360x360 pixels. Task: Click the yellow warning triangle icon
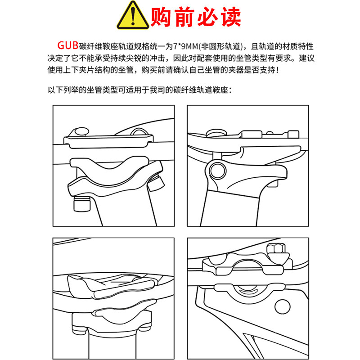(133, 16)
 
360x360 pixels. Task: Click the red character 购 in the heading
(161, 17)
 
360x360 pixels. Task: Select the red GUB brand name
(68, 45)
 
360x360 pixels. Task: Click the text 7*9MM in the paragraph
(185, 46)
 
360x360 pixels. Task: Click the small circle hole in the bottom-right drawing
(283, 306)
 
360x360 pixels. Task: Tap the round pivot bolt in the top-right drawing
(218, 171)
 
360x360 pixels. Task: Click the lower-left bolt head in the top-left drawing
(82, 204)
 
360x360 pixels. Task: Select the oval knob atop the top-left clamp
(82, 131)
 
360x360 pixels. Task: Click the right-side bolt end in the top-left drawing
(156, 183)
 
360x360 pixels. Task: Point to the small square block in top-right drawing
(293, 134)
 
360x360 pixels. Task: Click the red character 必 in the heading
(207, 17)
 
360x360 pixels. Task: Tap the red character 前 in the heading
(184, 17)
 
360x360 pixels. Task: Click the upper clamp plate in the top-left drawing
(108, 141)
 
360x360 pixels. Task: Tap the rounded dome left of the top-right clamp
(216, 133)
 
